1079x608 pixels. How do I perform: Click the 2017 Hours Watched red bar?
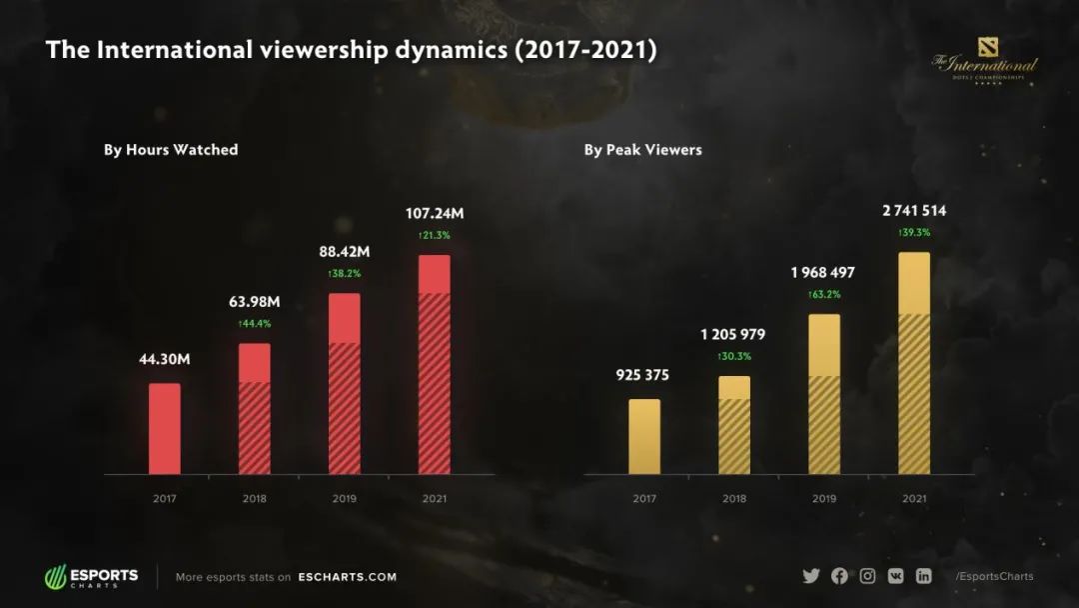(x=165, y=428)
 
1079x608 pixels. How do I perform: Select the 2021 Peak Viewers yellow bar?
(x=914, y=363)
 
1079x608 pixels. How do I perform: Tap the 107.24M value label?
(x=435, y=213)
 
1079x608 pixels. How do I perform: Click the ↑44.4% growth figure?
(x=255, y=323)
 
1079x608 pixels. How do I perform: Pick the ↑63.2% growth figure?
(x=824, y=294)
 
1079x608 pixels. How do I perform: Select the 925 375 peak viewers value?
(x=644, y=375)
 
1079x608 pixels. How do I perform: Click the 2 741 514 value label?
(x=914, y=210)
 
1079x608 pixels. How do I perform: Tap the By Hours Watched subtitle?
(x=171, y=150)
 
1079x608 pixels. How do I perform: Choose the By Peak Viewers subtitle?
(x=643, y=150)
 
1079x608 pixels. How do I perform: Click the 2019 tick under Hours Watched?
(x=345, y=497)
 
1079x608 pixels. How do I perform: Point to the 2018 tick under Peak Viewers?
(x=734, y=497)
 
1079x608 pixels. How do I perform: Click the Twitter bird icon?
(x=811, y=576)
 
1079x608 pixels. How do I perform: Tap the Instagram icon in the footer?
(x=868, y=576)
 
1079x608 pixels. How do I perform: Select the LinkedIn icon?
(x=924, y=576)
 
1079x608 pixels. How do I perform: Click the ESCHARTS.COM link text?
(x=347, y=577)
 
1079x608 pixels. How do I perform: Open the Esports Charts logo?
(x=92, y=577)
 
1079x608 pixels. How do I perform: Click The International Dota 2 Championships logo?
(x=984, y=67)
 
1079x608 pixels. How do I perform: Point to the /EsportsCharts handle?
(x=994, y=576)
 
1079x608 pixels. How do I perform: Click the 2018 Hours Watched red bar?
(x=255, y=408)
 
